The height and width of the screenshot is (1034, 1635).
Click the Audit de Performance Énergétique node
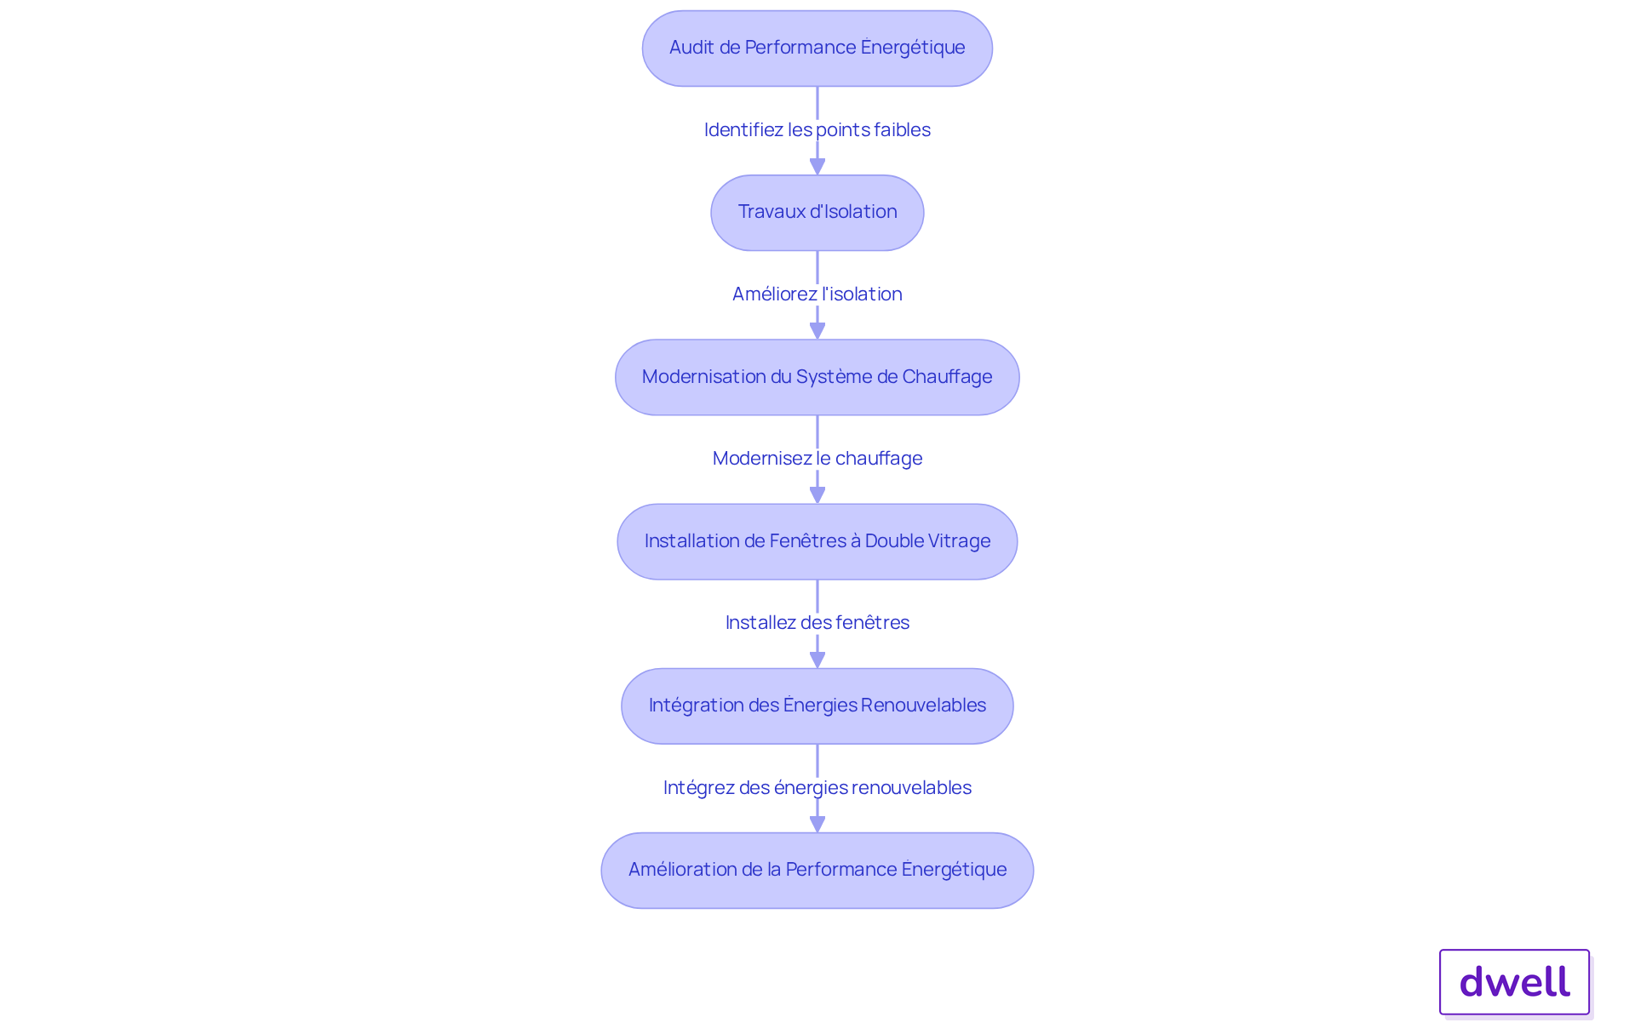pos(817,49)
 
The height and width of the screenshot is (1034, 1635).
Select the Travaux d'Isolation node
pos(817,213)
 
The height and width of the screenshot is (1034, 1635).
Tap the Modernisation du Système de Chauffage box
pos(817,377)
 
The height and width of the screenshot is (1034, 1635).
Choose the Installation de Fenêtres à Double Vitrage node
pos(817,541)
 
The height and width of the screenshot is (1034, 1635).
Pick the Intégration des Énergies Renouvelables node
pos(817,706)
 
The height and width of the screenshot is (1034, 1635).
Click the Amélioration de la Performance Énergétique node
pos(817,870)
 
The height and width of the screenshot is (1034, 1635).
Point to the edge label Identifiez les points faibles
pos(817,129)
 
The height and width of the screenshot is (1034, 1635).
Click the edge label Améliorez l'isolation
pos(817,294)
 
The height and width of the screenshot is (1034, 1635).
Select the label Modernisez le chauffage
pos(817,458)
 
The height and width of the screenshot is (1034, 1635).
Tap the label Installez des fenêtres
pos(817,622)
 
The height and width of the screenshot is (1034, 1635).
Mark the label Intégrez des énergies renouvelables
pos(817,787)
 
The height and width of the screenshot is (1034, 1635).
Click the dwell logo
pos(1515,982)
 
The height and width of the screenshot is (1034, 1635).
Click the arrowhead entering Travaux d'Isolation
pos(817,166)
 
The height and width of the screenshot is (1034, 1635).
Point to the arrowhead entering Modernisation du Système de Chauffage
pos(817,330)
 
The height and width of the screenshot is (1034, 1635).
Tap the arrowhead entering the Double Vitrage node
pos(817,494)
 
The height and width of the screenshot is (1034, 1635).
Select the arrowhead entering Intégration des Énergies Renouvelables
pos(817,659)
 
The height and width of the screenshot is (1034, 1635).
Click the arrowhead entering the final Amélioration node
pos(817,824)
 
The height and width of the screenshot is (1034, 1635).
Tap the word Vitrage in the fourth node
pos(961,541)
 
